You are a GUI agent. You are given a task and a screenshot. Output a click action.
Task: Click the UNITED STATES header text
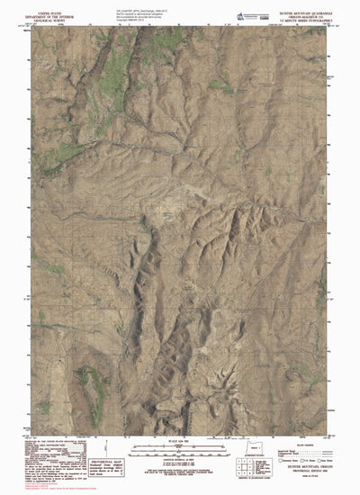[56, 4]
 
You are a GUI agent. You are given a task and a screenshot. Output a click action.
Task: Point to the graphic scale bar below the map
[180, 449]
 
